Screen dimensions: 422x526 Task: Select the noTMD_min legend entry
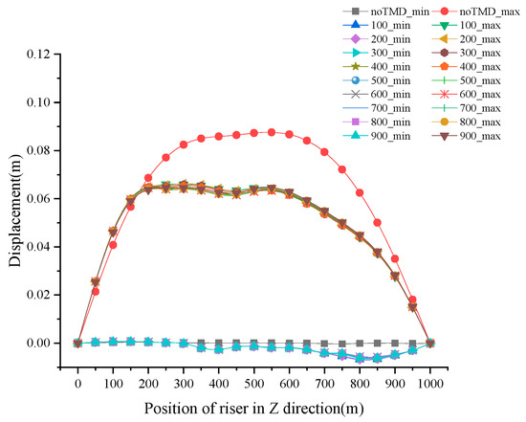367,11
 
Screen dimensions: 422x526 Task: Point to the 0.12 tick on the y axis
47,54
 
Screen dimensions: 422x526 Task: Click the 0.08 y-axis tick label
47,150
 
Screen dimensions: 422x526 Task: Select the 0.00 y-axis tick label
47,343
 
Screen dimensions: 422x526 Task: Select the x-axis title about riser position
253,405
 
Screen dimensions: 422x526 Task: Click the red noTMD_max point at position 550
272,132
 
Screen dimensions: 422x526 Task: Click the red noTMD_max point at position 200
148,178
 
